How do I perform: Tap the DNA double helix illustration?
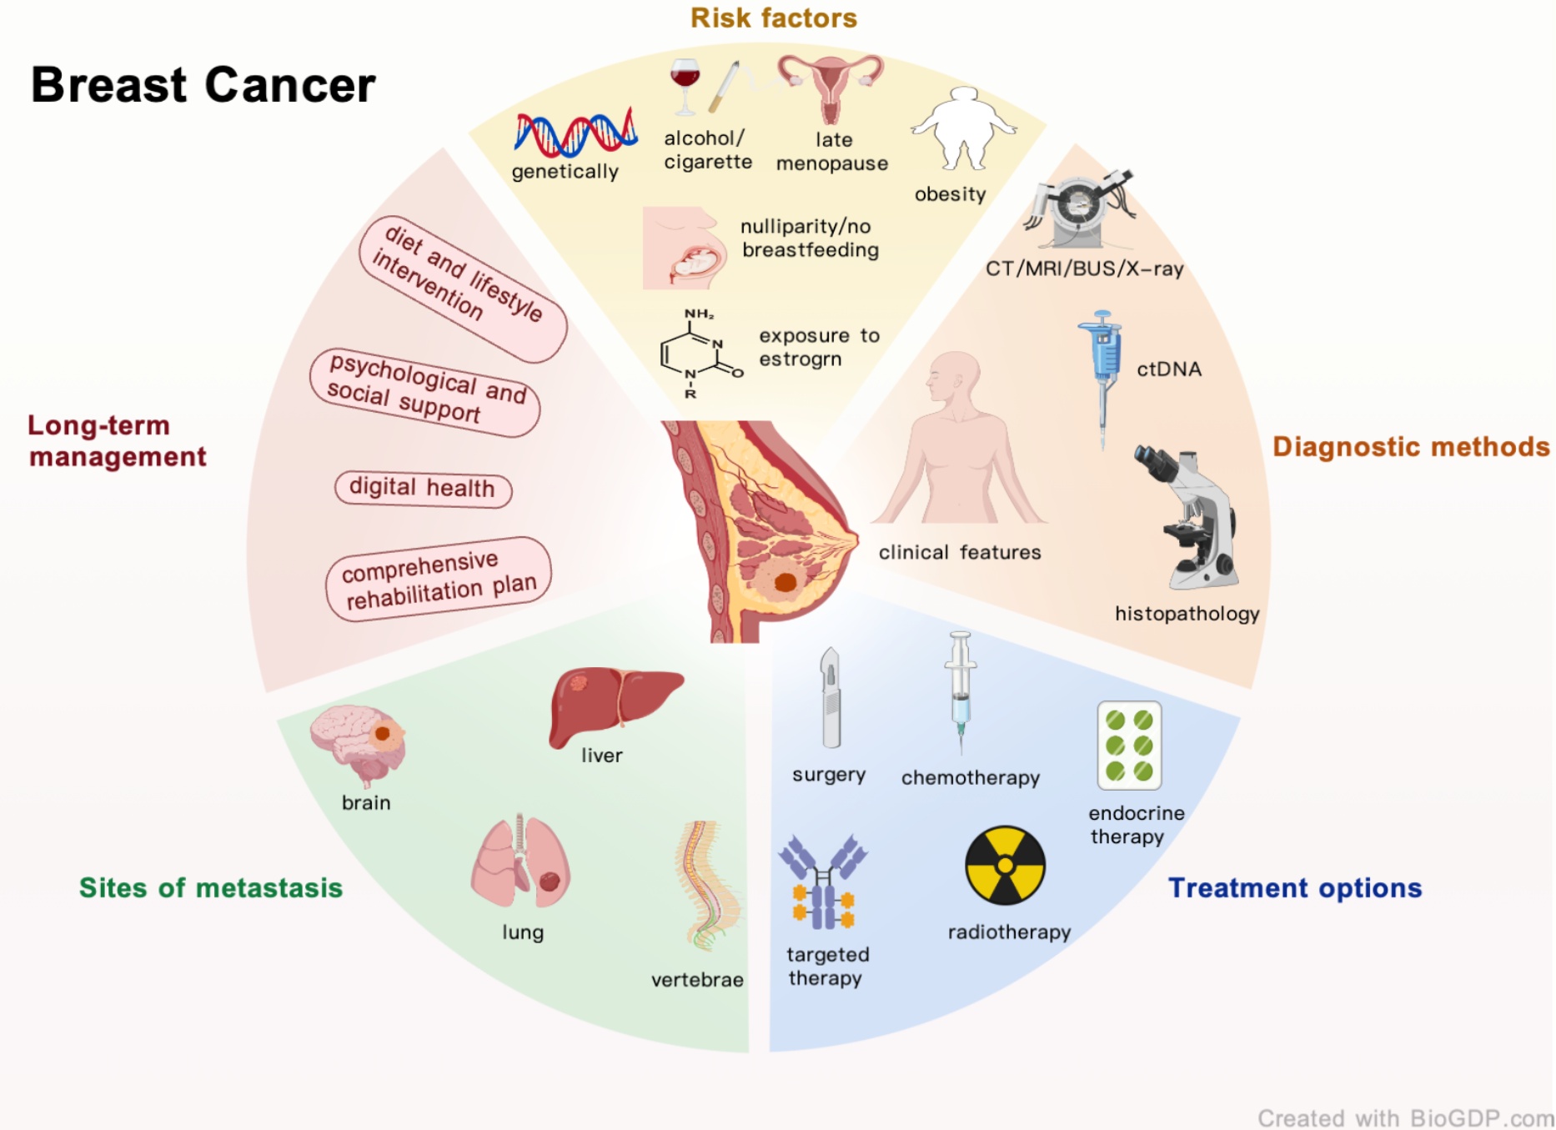click(575, 133)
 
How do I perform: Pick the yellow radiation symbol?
click(1005, 866)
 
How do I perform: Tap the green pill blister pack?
click(1129, 746)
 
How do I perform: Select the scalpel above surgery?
click(831, 699)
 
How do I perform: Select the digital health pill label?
click(423, 488)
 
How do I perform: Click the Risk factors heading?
click(773, 18)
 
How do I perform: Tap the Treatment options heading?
click(1294, 888)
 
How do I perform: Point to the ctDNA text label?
click(1169, 369)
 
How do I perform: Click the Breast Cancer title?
click(203, 85)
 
